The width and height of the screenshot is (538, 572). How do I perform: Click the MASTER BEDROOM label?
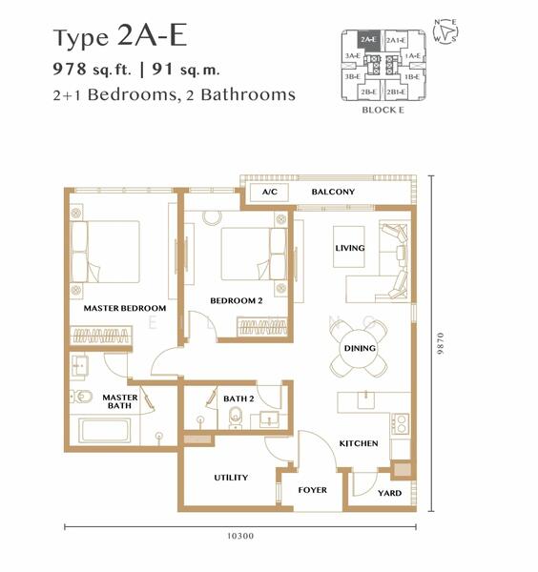pos(124,309)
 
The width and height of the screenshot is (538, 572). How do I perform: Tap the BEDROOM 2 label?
pos(236,301)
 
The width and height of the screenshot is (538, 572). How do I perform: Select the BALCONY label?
pos(333,193)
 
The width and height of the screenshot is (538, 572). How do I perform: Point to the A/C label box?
pos(269,193)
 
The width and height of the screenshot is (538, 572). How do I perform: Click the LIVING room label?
pos(350,248)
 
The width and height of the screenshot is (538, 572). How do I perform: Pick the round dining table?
pos(360,349)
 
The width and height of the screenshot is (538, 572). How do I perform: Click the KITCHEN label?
pos(359,444)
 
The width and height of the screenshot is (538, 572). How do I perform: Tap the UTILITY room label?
pos(231,478)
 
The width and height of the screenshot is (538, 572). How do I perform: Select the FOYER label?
pos(312,490)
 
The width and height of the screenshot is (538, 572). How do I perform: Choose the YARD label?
pos(389,493)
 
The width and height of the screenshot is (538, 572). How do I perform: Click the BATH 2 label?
pos(238,398)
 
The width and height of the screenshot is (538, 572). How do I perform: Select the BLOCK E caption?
pos(382,110)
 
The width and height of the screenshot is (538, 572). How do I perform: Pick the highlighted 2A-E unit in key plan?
pos(368,40)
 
